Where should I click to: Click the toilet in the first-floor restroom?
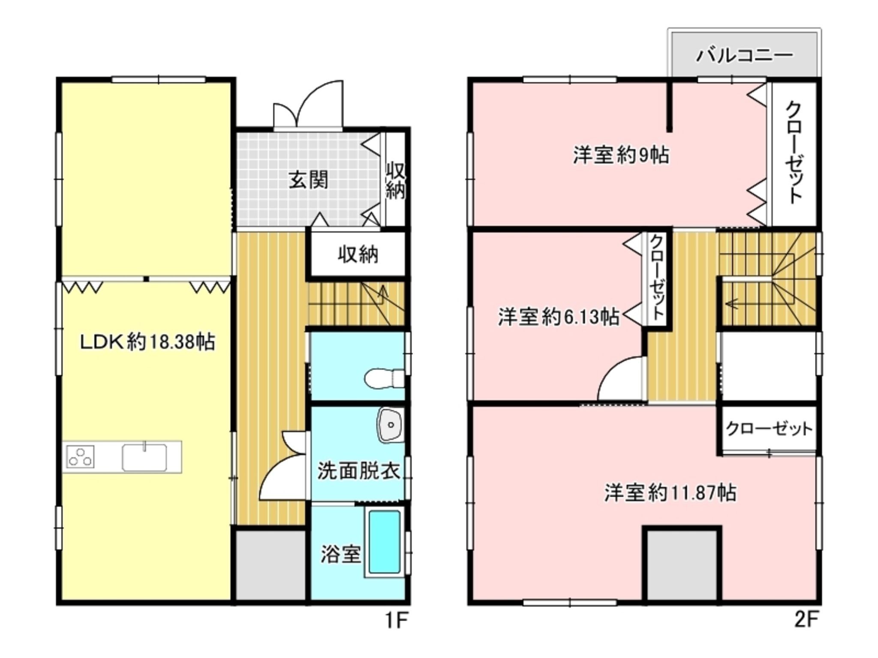point(384,379)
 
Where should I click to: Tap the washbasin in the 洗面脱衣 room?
point(390,425)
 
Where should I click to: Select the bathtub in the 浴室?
point(385,542)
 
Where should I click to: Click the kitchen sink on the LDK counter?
point(144,457)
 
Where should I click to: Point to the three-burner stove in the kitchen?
point(80,457)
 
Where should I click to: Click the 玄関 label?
point(308,179)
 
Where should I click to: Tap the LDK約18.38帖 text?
point(148,342)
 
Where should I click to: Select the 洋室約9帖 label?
point(621,155)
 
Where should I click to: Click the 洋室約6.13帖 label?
point(558,317)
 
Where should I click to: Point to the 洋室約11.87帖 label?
point(670,493)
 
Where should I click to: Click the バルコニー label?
point(745,55)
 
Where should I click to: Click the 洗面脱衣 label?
point(358,471)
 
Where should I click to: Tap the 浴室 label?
point(341,554)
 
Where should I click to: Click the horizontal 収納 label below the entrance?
point(358,255)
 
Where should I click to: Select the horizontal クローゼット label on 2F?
point(769,428)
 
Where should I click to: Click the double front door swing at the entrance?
point(308,105)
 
